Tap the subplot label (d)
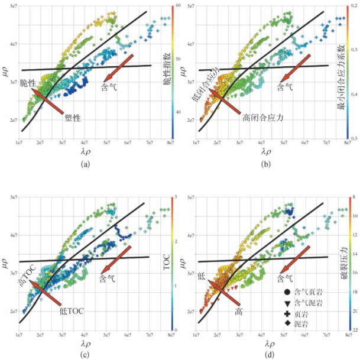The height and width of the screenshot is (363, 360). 272,354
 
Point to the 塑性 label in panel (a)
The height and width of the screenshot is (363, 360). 73,117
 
